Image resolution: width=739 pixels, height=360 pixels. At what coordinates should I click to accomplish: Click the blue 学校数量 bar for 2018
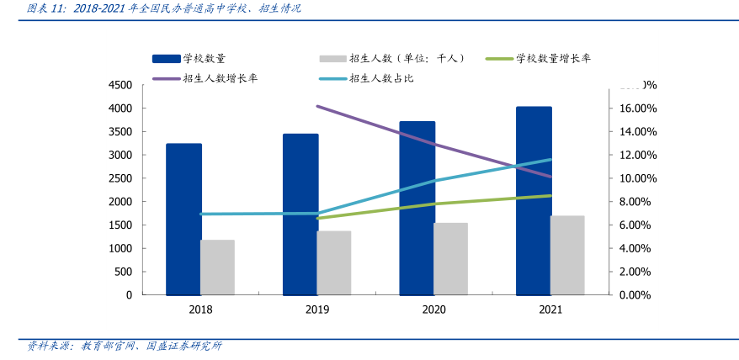tap(183, 219)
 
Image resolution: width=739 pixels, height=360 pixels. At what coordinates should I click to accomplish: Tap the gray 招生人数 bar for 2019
tap(334, 262)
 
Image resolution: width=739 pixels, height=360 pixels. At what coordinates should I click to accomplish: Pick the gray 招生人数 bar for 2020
tap(450, 258)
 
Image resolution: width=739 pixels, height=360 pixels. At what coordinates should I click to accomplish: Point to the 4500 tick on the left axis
tap(120, 85)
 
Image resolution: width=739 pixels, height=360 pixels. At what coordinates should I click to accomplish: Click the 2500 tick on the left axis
tap(120, 178)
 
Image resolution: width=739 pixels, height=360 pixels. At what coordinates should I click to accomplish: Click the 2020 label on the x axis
tap(433, 310)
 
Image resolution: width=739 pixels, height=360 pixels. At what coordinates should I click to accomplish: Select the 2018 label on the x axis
tap(200, 310)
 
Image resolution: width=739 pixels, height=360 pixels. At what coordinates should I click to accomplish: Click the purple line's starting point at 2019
tap(317, 107)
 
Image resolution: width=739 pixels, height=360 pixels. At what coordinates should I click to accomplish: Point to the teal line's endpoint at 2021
tap(550, 159)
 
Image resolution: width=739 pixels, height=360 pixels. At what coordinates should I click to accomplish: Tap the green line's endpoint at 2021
tap(550, 196)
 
